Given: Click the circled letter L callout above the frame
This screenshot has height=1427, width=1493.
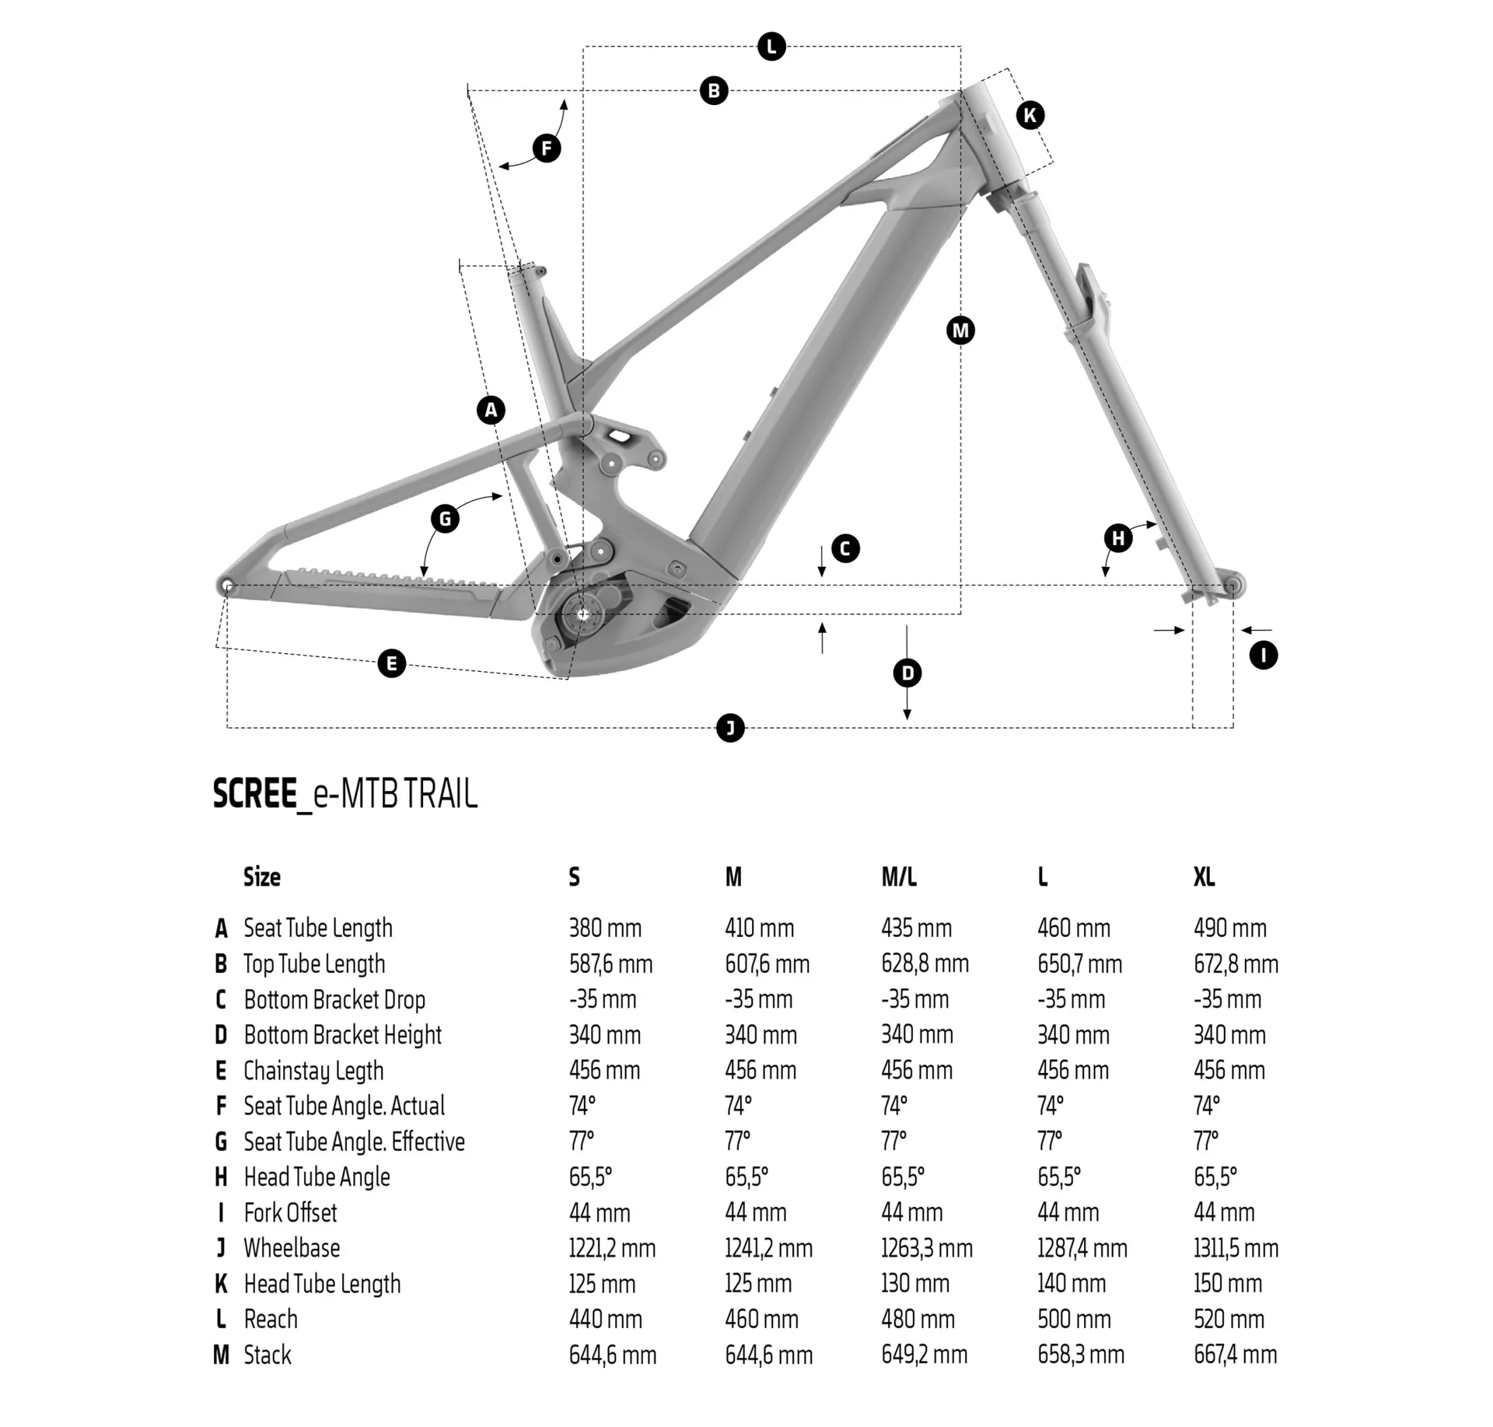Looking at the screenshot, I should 771,47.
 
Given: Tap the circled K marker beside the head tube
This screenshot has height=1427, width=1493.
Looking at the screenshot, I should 1030,116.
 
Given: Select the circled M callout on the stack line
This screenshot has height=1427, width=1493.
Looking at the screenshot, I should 960,331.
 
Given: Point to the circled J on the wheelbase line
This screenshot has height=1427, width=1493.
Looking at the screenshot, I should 730,728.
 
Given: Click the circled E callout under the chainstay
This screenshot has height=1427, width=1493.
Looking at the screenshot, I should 391,663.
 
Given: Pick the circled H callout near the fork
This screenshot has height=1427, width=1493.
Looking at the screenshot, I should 1118,538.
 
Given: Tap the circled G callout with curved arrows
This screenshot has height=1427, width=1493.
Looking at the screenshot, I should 445,519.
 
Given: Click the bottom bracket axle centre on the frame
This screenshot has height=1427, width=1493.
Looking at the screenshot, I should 583,614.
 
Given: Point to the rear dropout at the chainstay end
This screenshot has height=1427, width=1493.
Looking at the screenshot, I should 226,585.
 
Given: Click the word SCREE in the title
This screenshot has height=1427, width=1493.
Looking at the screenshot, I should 255,794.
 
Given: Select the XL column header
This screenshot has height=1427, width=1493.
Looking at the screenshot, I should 1204,877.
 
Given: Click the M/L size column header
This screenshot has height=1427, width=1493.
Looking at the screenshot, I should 899,877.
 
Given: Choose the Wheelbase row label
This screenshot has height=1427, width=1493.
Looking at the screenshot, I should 292,1248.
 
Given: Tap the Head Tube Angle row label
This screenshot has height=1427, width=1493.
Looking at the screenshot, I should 316,1177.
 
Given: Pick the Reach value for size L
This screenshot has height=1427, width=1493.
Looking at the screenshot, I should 1073,1319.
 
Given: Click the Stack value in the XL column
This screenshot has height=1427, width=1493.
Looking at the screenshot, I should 1235,1355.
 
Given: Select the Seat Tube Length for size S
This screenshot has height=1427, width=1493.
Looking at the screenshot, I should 605,928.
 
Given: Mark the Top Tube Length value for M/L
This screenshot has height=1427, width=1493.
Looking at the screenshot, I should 925,964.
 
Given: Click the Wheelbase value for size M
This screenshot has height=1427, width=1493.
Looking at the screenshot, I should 768,1248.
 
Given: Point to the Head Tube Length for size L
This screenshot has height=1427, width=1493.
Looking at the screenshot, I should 1072,1283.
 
